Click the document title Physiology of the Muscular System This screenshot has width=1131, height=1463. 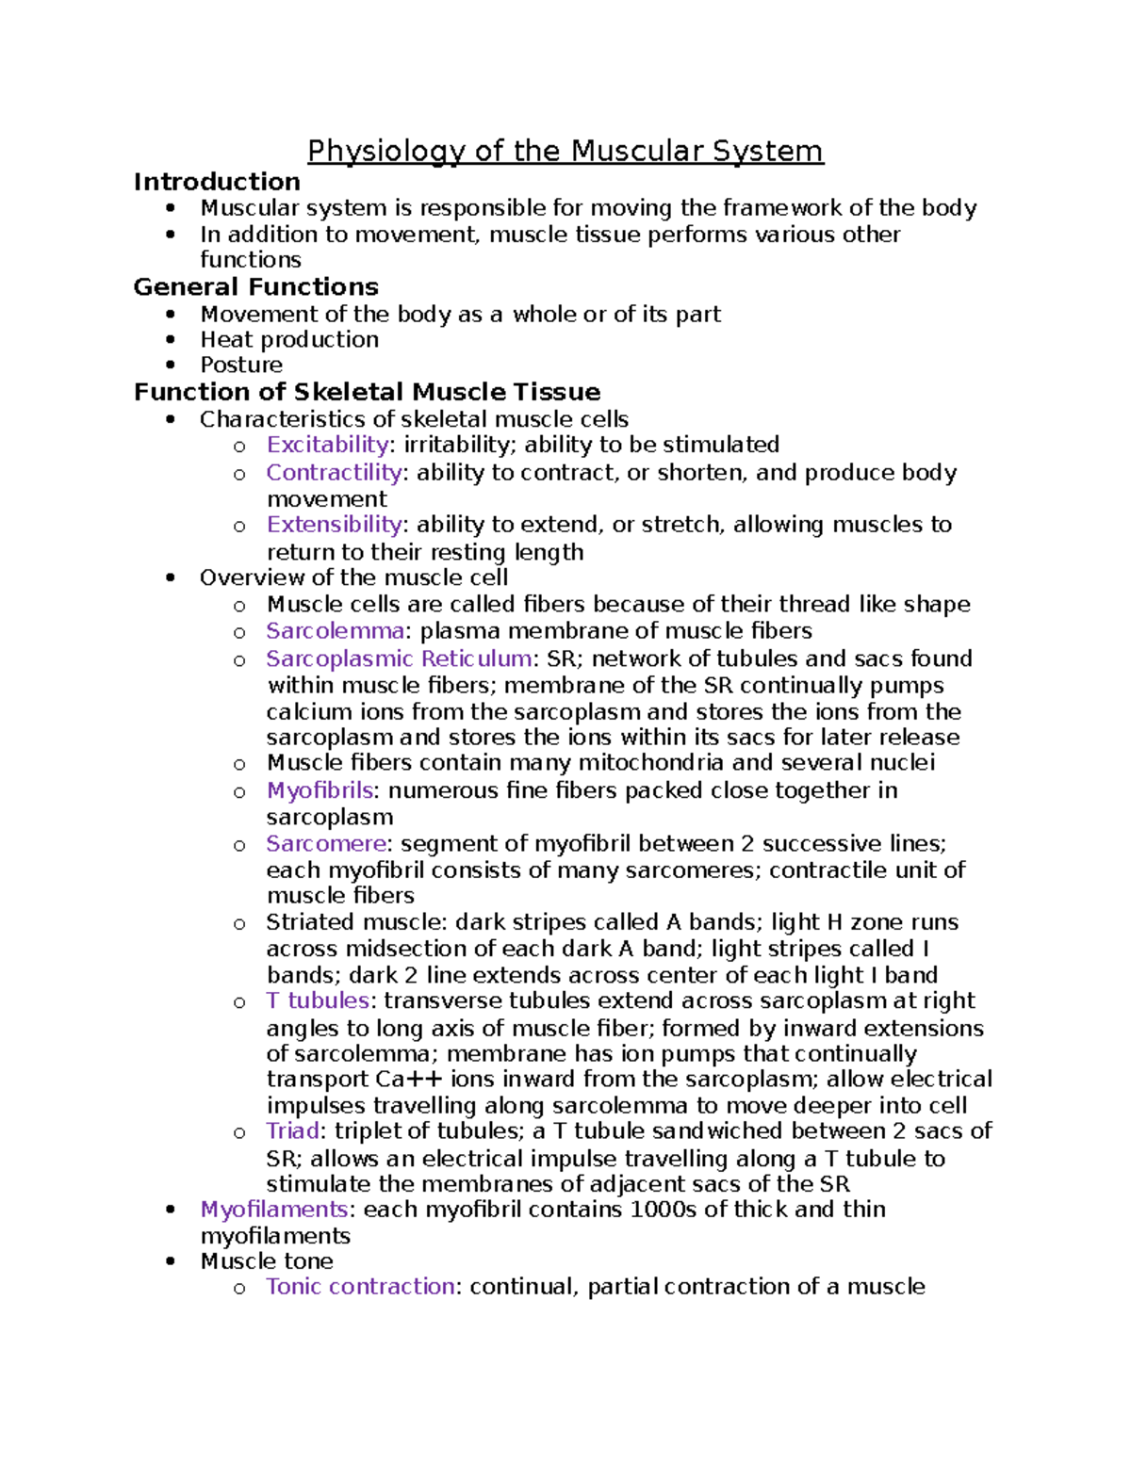click(x=565, y=152)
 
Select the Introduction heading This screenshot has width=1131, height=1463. click(x=217, y=182)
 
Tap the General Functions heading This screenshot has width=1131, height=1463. click(x=255, y=286)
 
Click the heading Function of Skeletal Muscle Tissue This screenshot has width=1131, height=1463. click(x=367, y=392)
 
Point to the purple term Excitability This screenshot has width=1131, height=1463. click(x=327, y=445)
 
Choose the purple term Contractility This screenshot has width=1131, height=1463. click(x=334, y=472)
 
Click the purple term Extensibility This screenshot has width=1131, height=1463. click(x=335, y=525)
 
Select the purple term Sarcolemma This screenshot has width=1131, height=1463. click(x=335, y=630)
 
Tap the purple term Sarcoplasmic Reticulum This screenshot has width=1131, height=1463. click(x=399, y=658)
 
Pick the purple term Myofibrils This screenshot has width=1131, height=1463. click(x=320, y=790)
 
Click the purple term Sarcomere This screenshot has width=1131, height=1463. click(x=326, y=843)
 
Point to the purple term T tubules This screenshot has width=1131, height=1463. click(x=318, y=1000)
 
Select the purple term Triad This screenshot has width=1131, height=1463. click(x=292, y=1131)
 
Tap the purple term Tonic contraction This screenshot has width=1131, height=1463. click(x=360, y=1287)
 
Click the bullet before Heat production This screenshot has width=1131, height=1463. click(x=170, y=340)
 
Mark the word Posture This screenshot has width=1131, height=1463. click(x=241, y=366)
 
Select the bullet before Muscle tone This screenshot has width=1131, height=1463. click(x=170, y=1261)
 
